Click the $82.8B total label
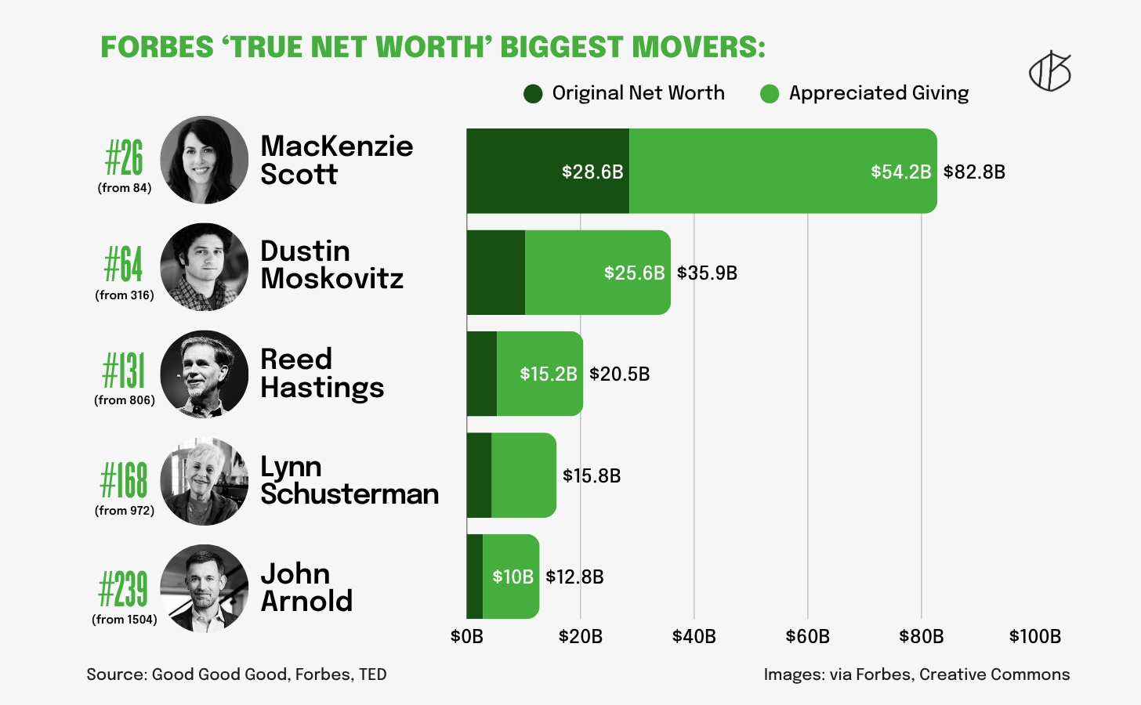pos(974,172)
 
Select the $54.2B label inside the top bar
pos(900,172)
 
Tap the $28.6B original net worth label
pos(592,172)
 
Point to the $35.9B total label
pos(707,273)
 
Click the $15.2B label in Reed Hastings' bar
pos(549,374)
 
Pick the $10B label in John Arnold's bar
pos(513,577)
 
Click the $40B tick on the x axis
pos(694,636)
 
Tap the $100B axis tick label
pos(1034,636)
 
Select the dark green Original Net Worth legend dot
pos(533,94)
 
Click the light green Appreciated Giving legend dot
pos(770,94)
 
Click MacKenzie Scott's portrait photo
pos(204,160)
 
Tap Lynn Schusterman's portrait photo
pos(204,481)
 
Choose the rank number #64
pos(124,264)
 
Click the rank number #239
pos(123,589)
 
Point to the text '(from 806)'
pos(125,400)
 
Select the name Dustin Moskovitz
pos(331,265)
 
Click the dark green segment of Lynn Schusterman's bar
pos(479,475)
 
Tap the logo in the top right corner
pos(1049,72)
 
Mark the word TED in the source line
pos(372,674)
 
